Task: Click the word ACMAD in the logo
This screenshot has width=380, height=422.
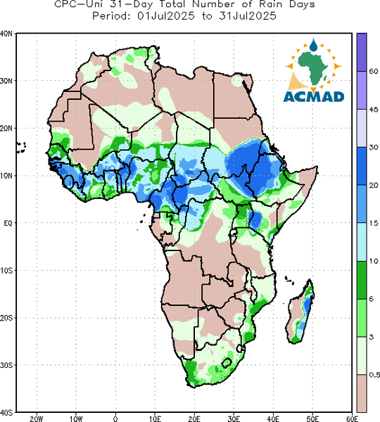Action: [x=314, y=97]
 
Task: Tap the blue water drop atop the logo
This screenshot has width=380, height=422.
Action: [x=313, y=45]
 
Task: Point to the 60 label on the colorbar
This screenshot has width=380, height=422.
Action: [x=374, y=71]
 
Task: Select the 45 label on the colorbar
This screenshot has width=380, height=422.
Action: [x=374, y=109]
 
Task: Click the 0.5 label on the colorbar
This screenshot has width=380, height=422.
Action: [x=374, y=375]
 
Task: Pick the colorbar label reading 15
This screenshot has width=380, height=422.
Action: [x=374, y=223]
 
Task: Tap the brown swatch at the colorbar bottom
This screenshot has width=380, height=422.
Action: [x=362, y=393]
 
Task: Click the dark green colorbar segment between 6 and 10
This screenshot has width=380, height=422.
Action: [x=362, y=280]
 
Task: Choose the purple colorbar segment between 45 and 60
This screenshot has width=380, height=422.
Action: [x=362, y=90]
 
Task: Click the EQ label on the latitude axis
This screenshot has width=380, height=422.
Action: [x=8, y=223]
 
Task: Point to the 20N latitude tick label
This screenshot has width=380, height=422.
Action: [x=6, y=129]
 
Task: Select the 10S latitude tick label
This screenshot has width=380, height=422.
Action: [x=6, y=271]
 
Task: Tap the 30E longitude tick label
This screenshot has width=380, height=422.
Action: [x=234, y=418]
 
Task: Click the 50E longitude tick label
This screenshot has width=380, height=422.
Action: [x=312, y=418]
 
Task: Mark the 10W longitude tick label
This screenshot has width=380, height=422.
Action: [x=76, y=418]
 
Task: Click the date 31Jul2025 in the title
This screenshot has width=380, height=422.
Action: [x=248, y=16]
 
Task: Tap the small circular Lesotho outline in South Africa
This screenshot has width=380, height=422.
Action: [x=227, y=363]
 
